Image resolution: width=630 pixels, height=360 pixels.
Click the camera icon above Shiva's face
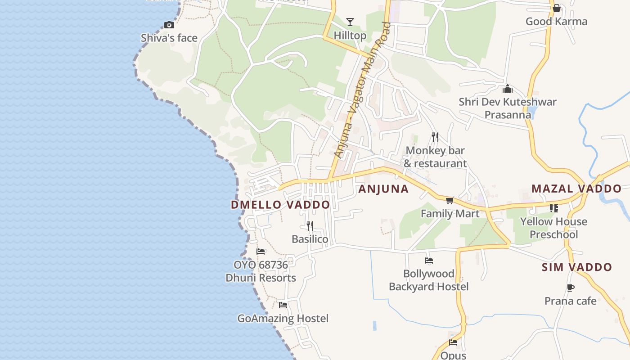(x=169, y=25)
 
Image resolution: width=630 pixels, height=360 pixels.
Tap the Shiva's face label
(x=169, y=38)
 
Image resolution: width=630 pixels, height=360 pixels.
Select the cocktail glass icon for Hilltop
(x=350, y=22)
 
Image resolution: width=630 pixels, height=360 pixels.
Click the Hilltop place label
(x=350, y=35)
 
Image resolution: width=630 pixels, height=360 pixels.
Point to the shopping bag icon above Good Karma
(x=557, y=8)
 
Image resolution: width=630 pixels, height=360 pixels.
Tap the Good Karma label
(x=556, y=22)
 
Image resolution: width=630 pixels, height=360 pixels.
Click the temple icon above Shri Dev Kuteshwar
(x=508, y=89)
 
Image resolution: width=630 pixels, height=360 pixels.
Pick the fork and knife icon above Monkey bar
(x=435, y=137)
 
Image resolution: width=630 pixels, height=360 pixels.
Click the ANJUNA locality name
(x=383, y=189)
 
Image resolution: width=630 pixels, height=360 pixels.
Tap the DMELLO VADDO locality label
(x=280, y=205)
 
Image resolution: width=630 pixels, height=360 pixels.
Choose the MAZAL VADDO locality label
(x=576, y=189)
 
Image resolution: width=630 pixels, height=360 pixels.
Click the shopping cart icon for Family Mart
(x=450, y=200)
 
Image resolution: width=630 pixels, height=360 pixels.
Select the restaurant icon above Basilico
(x=310, y=225)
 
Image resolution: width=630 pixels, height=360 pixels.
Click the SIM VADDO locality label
(x=576, y=267)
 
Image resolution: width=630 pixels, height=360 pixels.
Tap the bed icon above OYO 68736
(x=261, y=252)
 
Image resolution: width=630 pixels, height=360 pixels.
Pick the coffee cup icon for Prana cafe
(x=571, y=288)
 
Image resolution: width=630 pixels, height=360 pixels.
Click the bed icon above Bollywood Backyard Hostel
(x=428, y=260)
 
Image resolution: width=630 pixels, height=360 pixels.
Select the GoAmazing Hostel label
(x=283, y=319)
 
